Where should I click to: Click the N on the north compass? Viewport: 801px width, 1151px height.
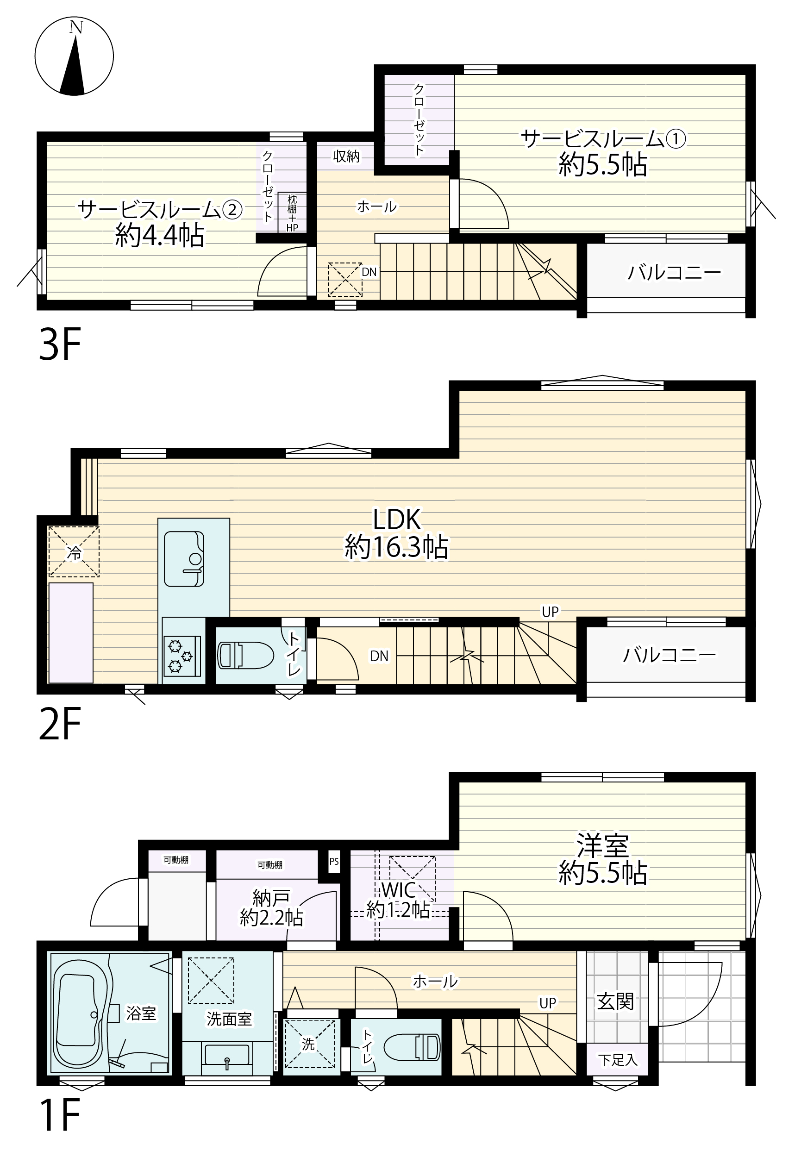point(75,28)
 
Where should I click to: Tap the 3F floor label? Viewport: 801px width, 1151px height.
point(60,345)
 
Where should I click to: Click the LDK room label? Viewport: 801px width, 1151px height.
point(397,519)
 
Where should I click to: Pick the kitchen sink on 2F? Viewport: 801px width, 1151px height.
point(184,558)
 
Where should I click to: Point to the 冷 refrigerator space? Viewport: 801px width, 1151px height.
point(74,551)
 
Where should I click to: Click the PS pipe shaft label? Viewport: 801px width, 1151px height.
point(334,862)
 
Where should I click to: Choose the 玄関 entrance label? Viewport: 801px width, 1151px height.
point(615,1001)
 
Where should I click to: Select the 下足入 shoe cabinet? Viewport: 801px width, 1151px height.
point(618,1059)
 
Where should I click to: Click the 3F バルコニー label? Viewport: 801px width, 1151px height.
point(674,272)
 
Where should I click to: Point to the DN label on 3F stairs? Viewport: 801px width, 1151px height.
point(369,272)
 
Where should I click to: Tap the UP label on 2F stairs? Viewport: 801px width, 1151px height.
point(550,612)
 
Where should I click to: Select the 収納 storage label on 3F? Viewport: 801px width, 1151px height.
point(346,156)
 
